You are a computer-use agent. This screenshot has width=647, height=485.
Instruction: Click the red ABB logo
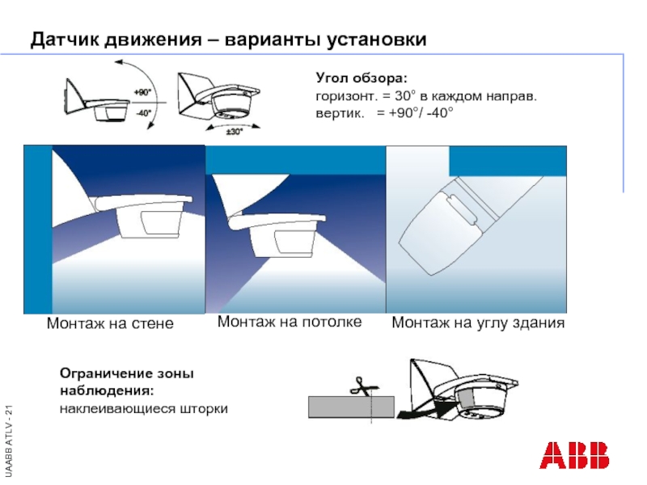pos(574,455)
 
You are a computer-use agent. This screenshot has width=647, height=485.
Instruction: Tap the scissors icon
pos(363,386)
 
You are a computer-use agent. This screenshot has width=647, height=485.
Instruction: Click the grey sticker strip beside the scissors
pos(351,407)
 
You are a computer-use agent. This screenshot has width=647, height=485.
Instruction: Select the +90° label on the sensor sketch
pos(142,92)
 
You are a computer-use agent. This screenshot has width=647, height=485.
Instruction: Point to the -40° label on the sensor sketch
pos(143,112)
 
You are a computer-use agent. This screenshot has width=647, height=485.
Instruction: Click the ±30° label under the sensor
pos(234,132)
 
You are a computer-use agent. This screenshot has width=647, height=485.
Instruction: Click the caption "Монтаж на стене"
pos(110,323)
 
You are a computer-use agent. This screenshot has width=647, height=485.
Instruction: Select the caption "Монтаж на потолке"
pos(290,322)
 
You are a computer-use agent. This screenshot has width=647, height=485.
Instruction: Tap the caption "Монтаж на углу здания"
pos(478,323)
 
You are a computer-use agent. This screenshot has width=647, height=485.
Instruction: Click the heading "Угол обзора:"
pos(362,78)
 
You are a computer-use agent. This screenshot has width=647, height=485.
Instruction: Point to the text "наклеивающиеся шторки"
pos(144,409)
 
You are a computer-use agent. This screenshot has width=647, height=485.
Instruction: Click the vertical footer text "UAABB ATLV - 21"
pos(9,441)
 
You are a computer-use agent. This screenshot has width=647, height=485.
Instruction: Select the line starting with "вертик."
pos(385,112)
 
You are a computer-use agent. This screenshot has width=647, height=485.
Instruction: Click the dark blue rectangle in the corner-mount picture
pos(508,161)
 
